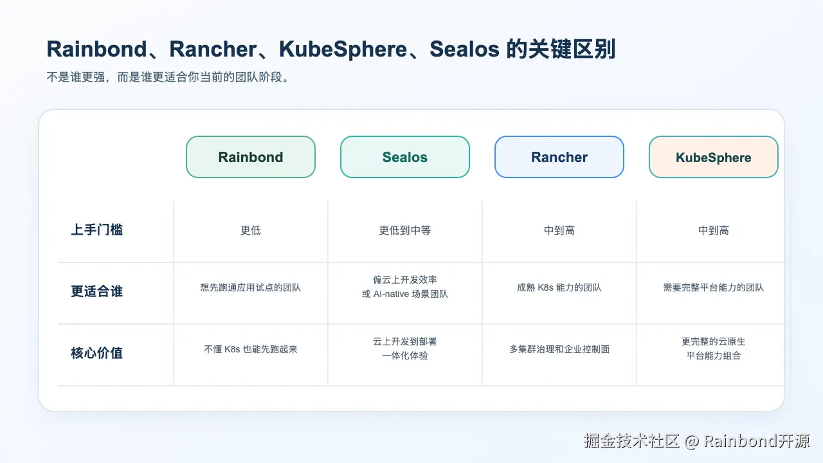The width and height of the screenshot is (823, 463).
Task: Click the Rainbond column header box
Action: point(251,157)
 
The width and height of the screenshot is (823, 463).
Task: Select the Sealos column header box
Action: point(405,157)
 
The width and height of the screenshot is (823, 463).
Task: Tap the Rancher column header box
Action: point(559,157)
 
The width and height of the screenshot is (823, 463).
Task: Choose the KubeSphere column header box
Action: point(714,157)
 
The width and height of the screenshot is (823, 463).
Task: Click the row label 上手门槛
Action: point(96,230)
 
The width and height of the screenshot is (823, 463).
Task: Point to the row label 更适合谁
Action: point(96,291)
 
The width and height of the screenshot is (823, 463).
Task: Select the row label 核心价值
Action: point(96,353)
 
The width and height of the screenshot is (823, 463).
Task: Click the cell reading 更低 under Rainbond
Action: point(251,230)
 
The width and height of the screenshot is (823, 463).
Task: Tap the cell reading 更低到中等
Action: point(405,230)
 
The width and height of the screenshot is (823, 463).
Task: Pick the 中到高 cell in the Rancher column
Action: point(559,230)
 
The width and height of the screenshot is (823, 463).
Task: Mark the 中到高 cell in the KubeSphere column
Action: point(714,230)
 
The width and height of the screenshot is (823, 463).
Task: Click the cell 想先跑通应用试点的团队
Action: point(251,287)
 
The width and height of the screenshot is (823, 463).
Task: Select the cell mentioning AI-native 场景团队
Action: point(405,294)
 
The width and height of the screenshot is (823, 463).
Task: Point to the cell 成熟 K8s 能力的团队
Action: point(559,287)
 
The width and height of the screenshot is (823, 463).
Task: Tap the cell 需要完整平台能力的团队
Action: point(714,287)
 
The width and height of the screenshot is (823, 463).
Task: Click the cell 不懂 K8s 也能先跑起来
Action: point(251,349)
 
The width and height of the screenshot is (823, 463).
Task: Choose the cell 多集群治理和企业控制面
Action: point(559,349)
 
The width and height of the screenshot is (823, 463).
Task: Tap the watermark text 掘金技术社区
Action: point(632,441)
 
